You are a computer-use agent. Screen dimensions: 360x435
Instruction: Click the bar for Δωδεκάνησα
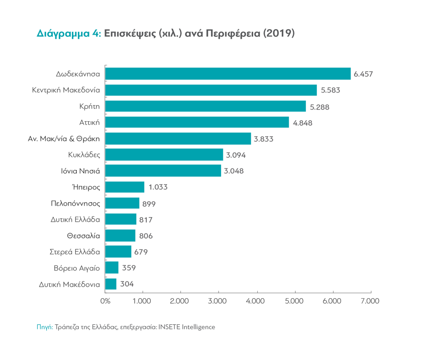[x=228, y=74]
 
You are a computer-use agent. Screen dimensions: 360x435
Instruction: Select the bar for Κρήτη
[x=205, y=106]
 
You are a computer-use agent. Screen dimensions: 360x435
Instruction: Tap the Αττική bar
[x=197, y=122]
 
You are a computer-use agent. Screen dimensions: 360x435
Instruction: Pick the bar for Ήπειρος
[x=125, y=187]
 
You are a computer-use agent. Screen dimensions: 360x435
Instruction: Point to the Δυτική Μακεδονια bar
[x=111, y=284]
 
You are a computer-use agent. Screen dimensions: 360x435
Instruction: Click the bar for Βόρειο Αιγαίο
[x=112, y=268]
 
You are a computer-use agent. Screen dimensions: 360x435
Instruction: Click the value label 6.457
[x=363, y=74]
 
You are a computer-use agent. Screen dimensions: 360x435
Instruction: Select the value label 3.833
[x=263, y=139]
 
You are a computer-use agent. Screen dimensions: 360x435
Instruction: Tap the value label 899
[x=149, y=204]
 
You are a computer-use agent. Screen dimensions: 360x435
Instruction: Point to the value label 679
[x=141, y=252]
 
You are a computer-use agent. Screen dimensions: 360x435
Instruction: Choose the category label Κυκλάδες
[x=84, y=155]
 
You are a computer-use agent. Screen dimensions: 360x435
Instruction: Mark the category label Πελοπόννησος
[x=75, y=204]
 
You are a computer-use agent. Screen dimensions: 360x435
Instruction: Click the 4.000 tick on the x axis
[x=257, y=301]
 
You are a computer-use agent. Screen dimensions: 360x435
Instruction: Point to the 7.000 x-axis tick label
[x=370, y=301]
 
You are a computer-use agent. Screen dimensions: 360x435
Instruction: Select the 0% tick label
[x=105, y=301]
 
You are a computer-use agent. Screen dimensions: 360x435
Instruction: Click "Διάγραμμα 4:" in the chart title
[x=69, y=34]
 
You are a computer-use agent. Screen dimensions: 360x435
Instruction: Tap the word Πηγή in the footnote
[x=44, y=327]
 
